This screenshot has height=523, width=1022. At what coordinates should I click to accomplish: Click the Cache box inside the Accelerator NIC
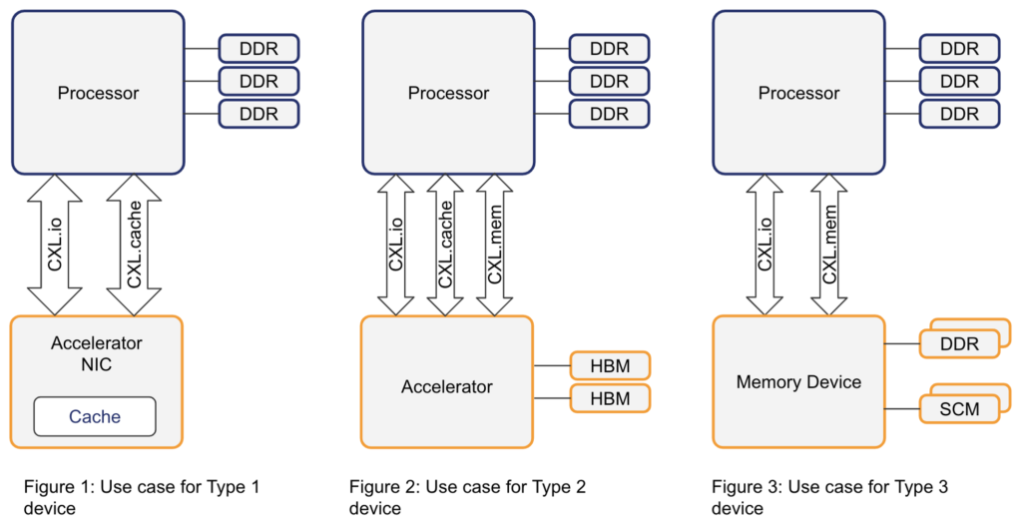95,416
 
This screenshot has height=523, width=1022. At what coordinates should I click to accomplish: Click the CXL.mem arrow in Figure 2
495,246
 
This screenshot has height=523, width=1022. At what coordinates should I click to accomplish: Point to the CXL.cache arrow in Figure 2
446,246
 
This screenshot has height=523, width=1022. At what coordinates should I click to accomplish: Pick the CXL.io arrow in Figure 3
766,246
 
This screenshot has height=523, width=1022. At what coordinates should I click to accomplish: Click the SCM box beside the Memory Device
958,409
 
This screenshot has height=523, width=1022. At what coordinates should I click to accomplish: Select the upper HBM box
610,366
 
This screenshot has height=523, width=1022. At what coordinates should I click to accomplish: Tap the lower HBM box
610,398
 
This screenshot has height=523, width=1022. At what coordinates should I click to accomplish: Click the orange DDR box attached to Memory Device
959,344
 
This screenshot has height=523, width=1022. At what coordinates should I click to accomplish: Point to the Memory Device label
798,382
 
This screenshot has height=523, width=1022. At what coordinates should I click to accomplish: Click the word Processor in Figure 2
448,93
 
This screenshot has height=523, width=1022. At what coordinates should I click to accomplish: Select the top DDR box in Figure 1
258,49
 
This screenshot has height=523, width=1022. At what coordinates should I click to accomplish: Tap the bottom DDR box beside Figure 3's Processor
959,114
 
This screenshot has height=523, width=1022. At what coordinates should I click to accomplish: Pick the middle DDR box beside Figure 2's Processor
609,81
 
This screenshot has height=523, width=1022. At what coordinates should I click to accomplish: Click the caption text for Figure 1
141,497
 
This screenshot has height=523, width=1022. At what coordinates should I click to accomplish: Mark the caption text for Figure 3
828,497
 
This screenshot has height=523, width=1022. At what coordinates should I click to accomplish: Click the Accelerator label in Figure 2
447,386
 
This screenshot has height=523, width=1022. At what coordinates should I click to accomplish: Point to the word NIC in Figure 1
97,364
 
